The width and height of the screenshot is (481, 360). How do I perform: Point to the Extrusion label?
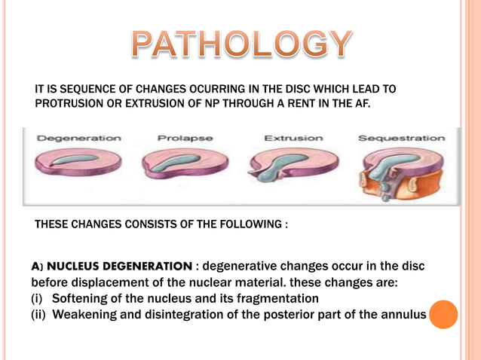(x=293, y=138)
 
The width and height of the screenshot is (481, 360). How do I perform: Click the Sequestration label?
(x=400, y=138)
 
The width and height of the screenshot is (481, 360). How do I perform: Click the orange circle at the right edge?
(x=443, y=314)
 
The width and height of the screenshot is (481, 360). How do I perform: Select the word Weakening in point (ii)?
(x=87, y=315)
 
